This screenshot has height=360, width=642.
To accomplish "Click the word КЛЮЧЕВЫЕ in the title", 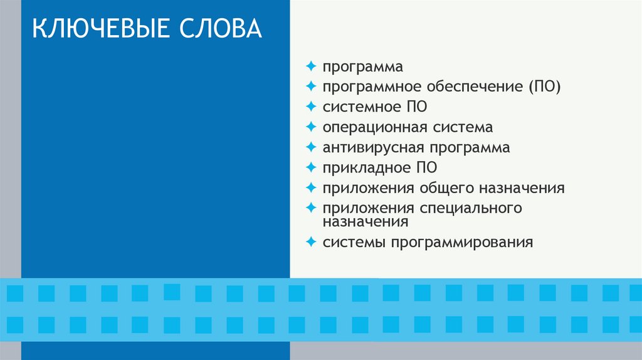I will (x=95, y=30).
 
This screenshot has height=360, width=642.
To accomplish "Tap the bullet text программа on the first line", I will (x=362, y=67).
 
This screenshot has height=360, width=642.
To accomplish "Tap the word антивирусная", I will (x=374, y=148).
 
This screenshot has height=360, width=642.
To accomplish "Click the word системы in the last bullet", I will (x=354, y=242).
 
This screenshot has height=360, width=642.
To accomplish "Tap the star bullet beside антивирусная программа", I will (x=311, y=147).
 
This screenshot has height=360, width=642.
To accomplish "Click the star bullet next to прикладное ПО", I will (x=311, y=167).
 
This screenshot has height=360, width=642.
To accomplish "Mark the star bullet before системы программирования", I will (x=311, y=241).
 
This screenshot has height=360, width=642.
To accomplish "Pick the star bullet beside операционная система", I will (x=311, y=127).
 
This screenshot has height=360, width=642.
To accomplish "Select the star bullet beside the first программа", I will (x=311, y=66).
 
